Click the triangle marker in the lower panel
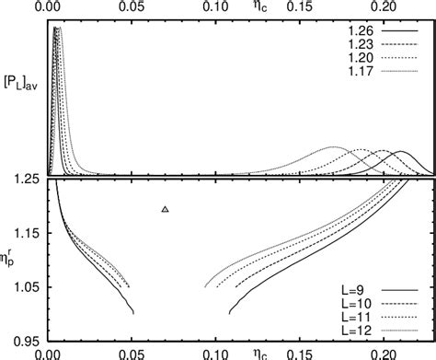(166, 210)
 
